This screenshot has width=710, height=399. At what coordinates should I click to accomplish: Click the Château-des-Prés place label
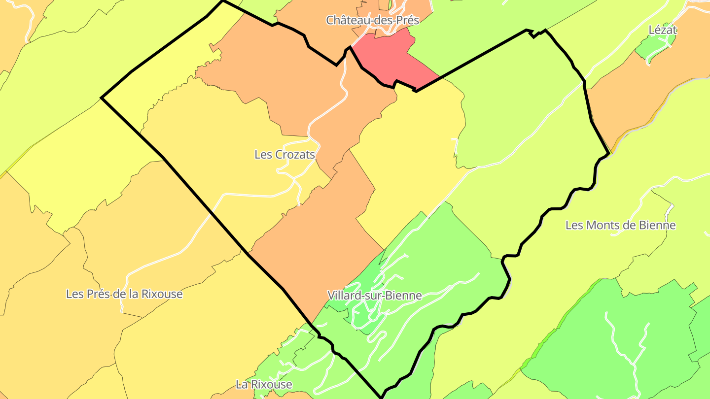click(372, 20)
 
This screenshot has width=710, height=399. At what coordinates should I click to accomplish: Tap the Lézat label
click(663, 30)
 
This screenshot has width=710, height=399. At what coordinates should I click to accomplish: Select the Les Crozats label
click(284, 155)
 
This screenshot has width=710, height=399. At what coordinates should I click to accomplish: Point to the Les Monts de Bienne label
click(620, 226)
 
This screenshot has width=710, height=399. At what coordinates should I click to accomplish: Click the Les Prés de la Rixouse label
click(124, 294)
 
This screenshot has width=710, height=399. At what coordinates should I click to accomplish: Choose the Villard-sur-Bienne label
click(375, 296)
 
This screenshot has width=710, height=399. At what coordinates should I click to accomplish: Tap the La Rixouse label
click(264, 384)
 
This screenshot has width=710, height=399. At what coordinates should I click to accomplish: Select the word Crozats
click(294, 155)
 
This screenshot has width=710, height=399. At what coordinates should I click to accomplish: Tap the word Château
click(345, 20)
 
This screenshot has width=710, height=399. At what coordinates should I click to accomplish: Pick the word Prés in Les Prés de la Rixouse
click(96, 294)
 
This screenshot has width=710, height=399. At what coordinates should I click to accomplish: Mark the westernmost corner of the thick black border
click(102, 98)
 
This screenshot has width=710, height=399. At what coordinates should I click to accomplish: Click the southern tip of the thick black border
click(382, 397)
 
